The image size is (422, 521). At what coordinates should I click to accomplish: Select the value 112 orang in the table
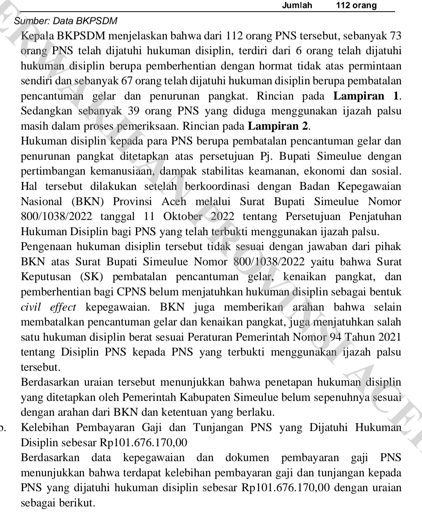coord(356,5)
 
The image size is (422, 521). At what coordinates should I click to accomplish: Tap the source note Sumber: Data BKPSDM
coord(65,21)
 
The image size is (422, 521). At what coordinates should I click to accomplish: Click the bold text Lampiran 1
coord(367,96)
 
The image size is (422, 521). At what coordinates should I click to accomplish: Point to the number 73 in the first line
coord(395,36)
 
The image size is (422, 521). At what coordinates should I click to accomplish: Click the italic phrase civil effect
coord(48,307)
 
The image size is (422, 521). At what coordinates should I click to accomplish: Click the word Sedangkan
coord(46,111)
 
